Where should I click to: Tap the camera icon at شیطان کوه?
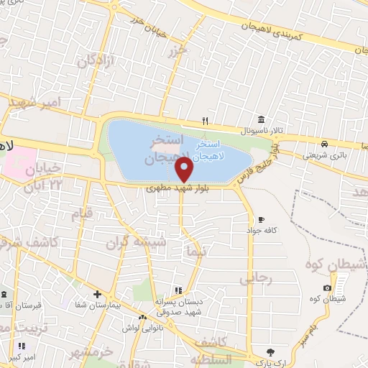click(x=328, y=288)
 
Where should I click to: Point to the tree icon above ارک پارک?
click(x=270, y=351)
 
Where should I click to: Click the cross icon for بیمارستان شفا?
click(x=98, y=295)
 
